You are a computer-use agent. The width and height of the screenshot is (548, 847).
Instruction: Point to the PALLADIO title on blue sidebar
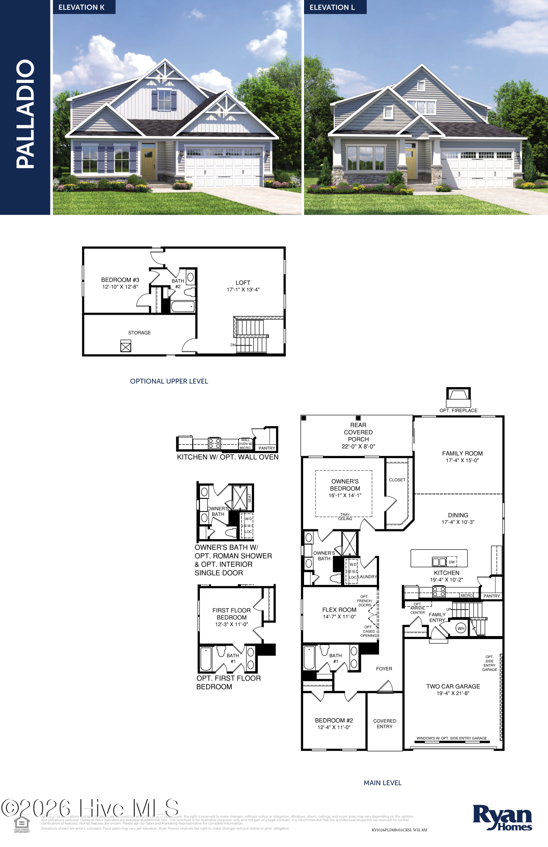coord(25,114)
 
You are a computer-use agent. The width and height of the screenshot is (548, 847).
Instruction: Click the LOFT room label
coord(243,282)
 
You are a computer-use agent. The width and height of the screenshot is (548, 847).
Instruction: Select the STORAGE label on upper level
coord(139,333)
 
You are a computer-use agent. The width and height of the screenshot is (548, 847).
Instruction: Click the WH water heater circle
coord(461,628)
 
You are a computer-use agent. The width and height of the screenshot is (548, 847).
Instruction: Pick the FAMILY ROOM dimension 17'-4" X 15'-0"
coord(462,460)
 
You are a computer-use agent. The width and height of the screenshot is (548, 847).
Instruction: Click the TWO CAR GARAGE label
coord(453,686)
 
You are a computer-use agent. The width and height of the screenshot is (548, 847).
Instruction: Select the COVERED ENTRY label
coord(385,723)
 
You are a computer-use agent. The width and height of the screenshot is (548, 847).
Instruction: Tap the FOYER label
coord(384,669)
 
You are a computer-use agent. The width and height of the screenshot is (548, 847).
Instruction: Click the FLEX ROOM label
coord(339,610)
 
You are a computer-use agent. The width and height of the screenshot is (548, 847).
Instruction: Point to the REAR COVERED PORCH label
coord(358,432)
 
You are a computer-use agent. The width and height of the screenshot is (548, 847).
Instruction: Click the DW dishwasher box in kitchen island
coord(451,562)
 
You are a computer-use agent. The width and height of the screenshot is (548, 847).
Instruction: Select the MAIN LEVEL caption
coord(382,783)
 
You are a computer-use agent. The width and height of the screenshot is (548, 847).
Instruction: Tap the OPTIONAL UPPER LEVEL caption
coord(169,381)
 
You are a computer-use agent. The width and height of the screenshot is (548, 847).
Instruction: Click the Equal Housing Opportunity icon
coord(22,824)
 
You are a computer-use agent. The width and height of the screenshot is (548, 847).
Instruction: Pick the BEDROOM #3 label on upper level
coord(120,280)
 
